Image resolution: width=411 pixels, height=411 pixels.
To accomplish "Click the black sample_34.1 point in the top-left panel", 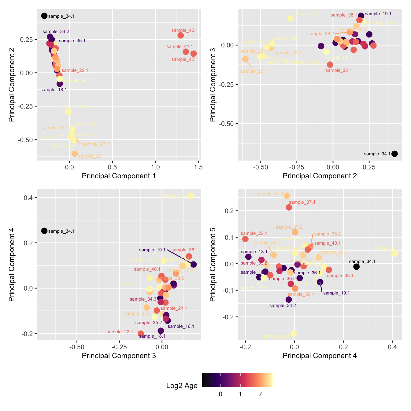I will [x=44, y=16].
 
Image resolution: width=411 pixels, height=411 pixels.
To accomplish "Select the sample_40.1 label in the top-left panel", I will [x=184, y=30].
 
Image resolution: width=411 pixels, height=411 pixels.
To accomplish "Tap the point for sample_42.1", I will [x=193, y=54].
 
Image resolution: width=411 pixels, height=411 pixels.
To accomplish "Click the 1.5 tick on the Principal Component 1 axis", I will [x=198, y=167].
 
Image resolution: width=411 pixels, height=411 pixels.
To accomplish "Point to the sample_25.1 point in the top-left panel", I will [x=75, y=154].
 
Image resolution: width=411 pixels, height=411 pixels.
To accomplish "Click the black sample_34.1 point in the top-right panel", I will [x=394, y=154].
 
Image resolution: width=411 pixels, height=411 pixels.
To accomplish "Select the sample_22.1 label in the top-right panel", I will [x=339, y=70].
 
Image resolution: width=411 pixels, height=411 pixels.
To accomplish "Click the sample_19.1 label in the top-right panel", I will [x=378, y=14].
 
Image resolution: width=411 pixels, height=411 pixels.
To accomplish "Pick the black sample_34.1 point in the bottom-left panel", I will [x=44, y=231].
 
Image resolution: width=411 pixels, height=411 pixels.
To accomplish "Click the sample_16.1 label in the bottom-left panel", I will [x=181, y=326].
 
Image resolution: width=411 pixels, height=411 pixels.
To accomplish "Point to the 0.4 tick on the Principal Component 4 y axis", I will [x=28, y=198].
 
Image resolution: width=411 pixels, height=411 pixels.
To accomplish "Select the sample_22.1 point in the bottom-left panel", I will [x=141, y=333].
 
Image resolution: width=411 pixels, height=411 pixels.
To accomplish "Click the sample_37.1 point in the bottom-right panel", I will [x=289, y=207].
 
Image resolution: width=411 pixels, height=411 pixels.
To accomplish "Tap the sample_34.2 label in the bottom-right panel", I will [x=283, y=305].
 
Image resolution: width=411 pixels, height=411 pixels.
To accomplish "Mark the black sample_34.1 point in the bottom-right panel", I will [x=356, y=267].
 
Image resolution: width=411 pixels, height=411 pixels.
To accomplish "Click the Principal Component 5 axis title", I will [x=213, y=265].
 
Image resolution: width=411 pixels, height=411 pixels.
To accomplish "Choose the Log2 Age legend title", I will [x=182, y=386].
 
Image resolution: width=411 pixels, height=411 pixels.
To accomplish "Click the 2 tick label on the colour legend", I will [x=260, y=394].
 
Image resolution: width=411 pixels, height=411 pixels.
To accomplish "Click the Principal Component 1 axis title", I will [x=119, y=176].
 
